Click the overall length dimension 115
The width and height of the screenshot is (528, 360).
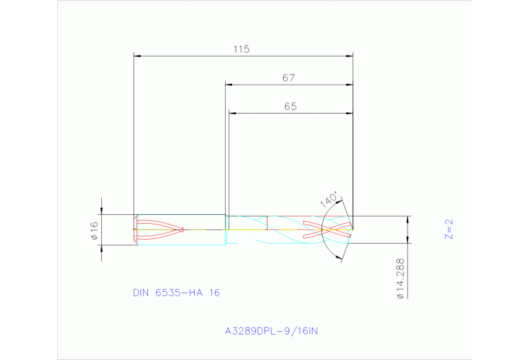pos(240,50)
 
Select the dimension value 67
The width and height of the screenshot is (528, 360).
pos(288,78)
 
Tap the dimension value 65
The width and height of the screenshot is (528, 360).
pos(291,107)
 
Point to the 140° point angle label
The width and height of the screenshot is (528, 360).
pos(330,200)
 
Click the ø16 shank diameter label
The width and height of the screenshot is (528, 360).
pos(94,230)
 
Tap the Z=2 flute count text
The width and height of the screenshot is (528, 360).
pos(449,229)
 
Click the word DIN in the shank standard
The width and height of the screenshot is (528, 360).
pos(141,293)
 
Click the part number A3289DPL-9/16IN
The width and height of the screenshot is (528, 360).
pos(272,331)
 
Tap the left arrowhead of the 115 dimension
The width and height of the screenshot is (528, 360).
pos(137,56)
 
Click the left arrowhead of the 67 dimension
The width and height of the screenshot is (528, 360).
pos(229,85)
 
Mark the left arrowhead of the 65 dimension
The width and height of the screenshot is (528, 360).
pos(232,113)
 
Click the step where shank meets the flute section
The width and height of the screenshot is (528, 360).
pos(226,222)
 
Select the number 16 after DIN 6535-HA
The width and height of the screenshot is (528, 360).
pos(214,293)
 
